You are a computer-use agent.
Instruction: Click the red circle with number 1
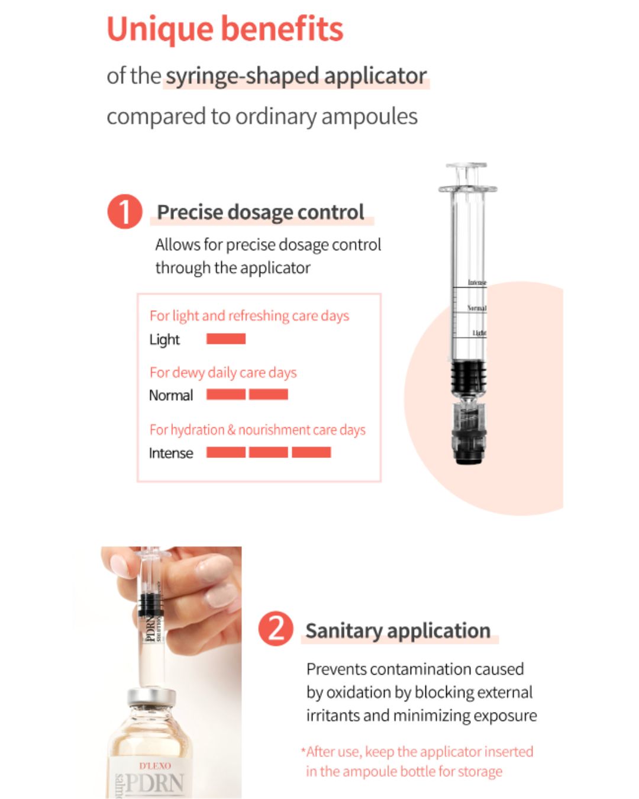point(125,212)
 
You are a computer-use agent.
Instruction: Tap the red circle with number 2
point(276,629)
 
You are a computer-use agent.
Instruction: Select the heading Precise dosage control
point(260,212)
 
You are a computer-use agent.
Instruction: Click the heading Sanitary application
point(398,631)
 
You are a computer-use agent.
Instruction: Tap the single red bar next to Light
point(225,339)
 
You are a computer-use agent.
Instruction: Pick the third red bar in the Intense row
point(311,452)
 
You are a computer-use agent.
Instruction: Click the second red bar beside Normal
point(268,394)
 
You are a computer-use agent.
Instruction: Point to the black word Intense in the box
point(171,453)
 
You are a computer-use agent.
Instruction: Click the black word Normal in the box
point(171,395)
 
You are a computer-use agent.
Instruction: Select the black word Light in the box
point(164,340)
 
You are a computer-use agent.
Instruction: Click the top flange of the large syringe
point(467,189)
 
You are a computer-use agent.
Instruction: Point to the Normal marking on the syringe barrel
point(476,308)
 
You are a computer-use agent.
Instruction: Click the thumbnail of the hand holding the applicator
point(172,671)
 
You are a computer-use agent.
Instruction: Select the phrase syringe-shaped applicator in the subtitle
point(296,76)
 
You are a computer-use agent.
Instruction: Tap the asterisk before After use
point(303,750)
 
